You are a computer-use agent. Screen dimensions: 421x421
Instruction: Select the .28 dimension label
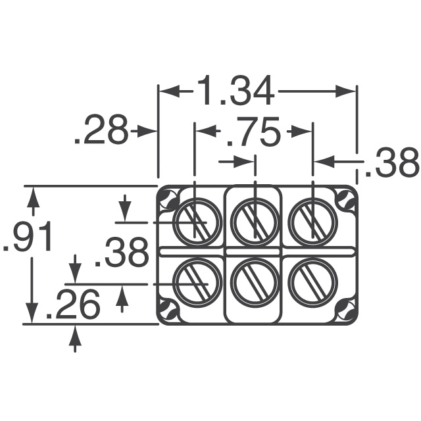coord(101,132)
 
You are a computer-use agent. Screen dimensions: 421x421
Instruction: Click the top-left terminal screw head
coord(195,221)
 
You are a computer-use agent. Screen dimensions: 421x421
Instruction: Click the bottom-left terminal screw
coord(195,282)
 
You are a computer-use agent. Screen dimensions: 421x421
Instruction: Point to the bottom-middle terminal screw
coord(254,282)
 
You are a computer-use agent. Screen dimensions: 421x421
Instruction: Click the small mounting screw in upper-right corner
coord(345,198)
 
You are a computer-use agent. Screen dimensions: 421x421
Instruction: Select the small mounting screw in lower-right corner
coord(345,309)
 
